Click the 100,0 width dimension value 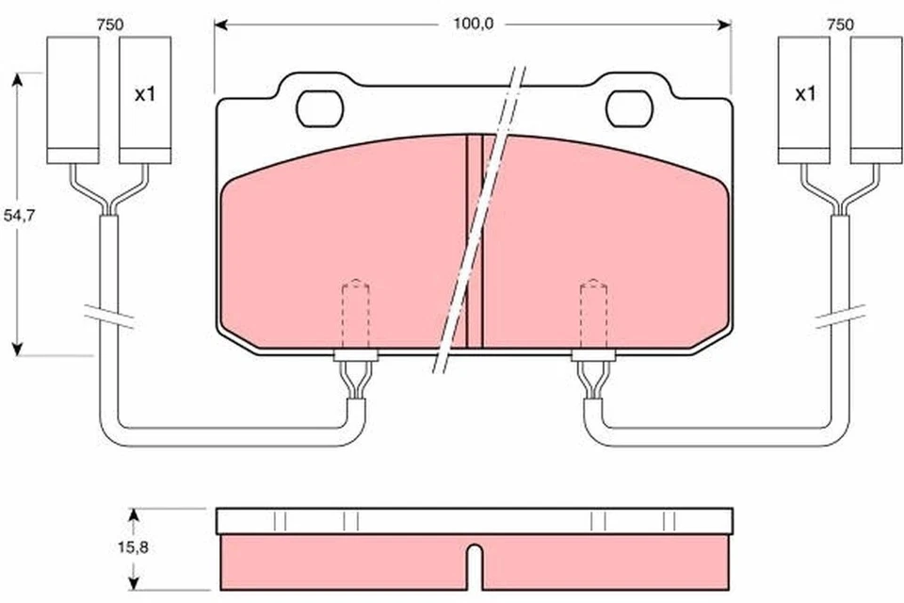(x=473, y=24)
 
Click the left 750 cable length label (x=109, y=25)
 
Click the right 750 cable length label (x=840, y=25)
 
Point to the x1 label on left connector (x=144, y=94)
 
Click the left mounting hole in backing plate (x=321, y=108)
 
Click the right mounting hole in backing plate (x=630, y=108)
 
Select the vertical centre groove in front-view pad (x=475, y=240)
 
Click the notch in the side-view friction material (x=475, y=566)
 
